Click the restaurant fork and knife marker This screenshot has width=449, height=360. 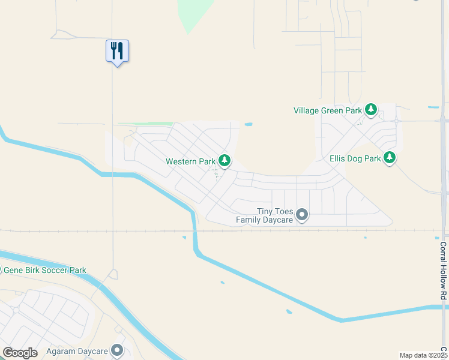point(117,51)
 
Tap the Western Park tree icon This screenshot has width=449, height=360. point(224,160)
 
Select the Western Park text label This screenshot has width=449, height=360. point(190,161)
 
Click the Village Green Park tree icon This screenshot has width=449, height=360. point(372,109)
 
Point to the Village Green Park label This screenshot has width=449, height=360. point(328,110)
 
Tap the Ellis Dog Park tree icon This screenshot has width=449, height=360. point(390,158)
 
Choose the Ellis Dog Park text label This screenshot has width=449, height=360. point(355,159)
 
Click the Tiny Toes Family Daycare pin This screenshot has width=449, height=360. point(302,214)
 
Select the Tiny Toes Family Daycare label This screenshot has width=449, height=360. point(264,215)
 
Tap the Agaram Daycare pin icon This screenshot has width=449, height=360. point(117,350)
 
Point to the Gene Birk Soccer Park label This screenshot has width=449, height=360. point(45,271)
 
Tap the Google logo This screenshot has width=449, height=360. point(20,353)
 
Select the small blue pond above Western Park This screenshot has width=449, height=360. point(249,125)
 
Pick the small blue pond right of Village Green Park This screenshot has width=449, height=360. point(433,108)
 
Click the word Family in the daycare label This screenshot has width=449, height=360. point(247,220)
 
